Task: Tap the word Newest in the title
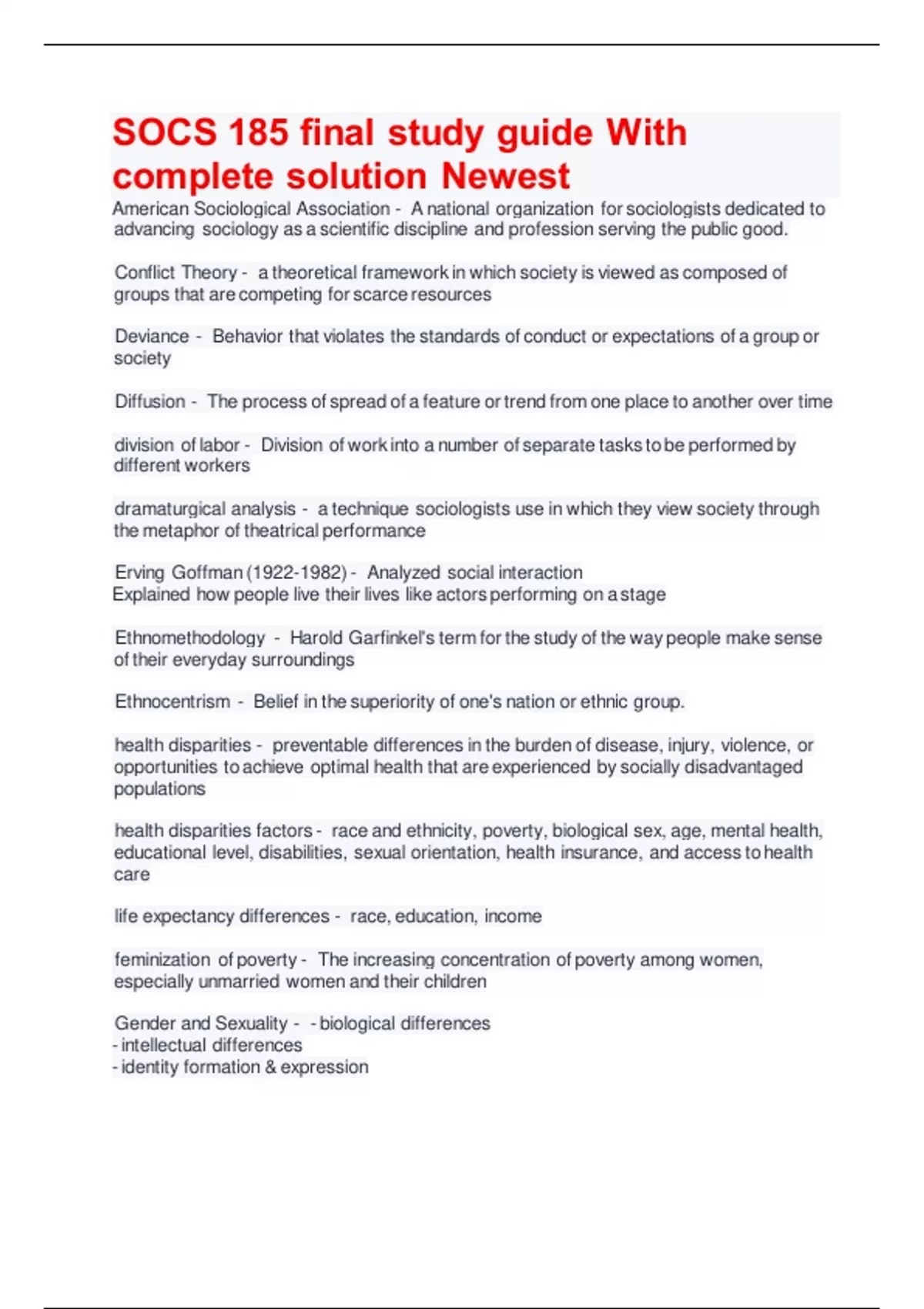(505, 176)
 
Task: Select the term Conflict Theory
(176, 273)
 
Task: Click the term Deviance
(152, 336)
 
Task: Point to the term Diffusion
(150, 401)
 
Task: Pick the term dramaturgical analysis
(205, 509)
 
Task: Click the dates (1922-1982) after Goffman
(296, 573)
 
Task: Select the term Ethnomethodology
(189, 638)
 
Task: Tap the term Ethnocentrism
(172, 701)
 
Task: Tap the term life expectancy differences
(222, 916)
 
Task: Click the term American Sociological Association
(251, 209)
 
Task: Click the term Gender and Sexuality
(201, 1023)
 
